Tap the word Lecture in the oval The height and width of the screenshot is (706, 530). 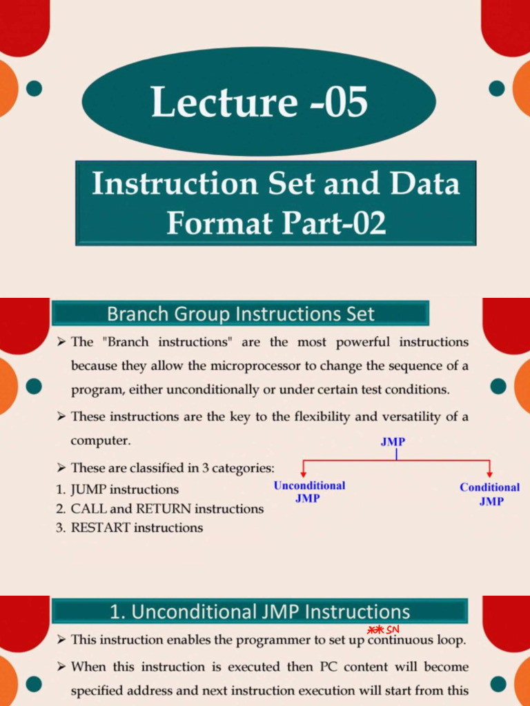click(x=224, y=101)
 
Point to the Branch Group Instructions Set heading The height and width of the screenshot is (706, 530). click(x=240, y=314)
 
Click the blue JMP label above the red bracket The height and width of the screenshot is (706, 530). click(x=393, y=442)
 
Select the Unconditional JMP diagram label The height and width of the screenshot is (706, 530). click(x=309, y=492)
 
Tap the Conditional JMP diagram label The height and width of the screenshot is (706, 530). click(x=490, y=494)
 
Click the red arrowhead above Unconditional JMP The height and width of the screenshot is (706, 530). click(x=304, y=474)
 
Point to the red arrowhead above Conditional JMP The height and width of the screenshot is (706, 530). click(x=490, y=474)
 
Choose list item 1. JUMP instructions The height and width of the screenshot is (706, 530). click(x=117, y=490)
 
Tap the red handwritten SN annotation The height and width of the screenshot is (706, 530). click(x=393, y=629)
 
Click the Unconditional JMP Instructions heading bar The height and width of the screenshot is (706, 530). click(x=259, y=611)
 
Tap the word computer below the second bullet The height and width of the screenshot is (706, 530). click(x=101, y=441)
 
